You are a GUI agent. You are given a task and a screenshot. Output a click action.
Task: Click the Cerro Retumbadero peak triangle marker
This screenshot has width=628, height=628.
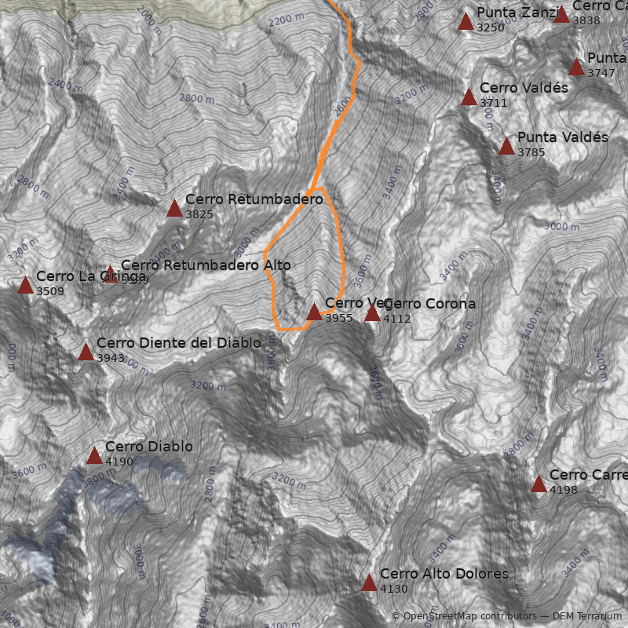174,208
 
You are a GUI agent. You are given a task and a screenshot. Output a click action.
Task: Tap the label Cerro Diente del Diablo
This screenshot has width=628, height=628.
178,343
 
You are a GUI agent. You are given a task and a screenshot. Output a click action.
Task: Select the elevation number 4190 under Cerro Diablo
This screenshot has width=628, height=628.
119,462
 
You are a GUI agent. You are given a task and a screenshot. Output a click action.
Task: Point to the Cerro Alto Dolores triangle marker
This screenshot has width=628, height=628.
369,582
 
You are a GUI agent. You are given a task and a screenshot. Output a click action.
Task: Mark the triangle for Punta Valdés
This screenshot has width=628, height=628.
506,146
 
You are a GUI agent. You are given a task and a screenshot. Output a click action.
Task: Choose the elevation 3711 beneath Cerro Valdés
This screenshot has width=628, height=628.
494,103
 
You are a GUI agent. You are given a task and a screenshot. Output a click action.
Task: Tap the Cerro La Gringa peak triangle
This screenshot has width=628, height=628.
25,284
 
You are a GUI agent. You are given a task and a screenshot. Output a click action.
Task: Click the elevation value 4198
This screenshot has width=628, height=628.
564,490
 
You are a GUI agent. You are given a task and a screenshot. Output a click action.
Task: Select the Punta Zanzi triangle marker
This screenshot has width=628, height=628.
466,21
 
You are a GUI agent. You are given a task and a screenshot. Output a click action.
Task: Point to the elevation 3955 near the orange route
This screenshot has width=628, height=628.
339,318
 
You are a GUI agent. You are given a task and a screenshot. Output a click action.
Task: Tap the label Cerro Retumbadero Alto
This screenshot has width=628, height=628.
200,265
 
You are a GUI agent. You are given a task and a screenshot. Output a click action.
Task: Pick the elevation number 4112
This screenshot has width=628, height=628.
397,319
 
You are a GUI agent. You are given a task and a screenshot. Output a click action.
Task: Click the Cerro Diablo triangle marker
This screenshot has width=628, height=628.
94,455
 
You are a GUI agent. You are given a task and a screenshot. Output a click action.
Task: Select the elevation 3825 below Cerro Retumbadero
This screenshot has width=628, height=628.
199,214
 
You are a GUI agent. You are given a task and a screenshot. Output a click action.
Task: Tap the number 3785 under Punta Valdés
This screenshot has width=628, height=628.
531,152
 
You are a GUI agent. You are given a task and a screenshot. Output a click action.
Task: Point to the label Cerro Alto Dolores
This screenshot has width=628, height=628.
444,574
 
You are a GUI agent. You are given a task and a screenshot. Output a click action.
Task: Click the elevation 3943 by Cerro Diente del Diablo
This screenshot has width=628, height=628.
111,358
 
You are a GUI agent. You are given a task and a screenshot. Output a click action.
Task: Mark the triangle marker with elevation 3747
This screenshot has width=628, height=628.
576,67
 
